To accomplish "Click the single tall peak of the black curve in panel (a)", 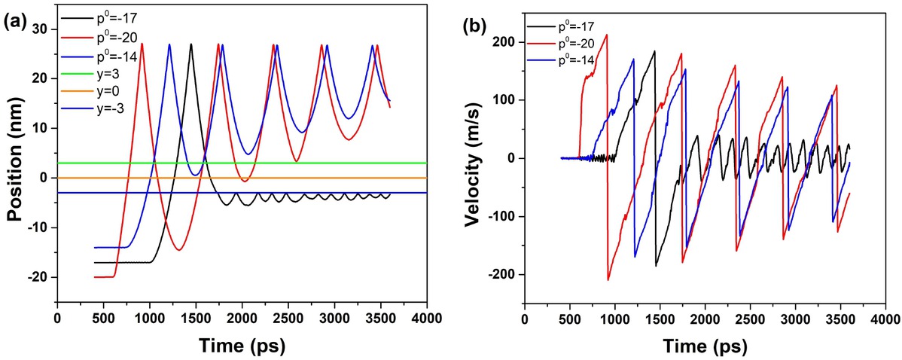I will point(191,44).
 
